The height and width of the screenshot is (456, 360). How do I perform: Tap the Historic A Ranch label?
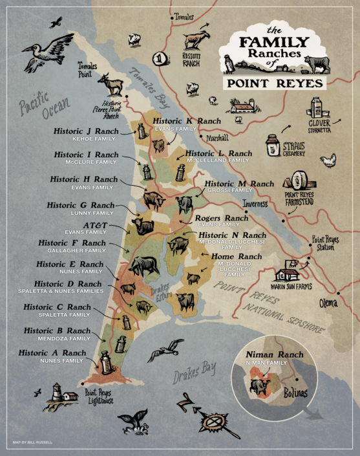pos(52,353)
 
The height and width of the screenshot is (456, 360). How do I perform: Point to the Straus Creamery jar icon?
pos(273,145)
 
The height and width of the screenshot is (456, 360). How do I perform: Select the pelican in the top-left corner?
pos(48,52)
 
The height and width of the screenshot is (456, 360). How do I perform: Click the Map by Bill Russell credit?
pos(34,443)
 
